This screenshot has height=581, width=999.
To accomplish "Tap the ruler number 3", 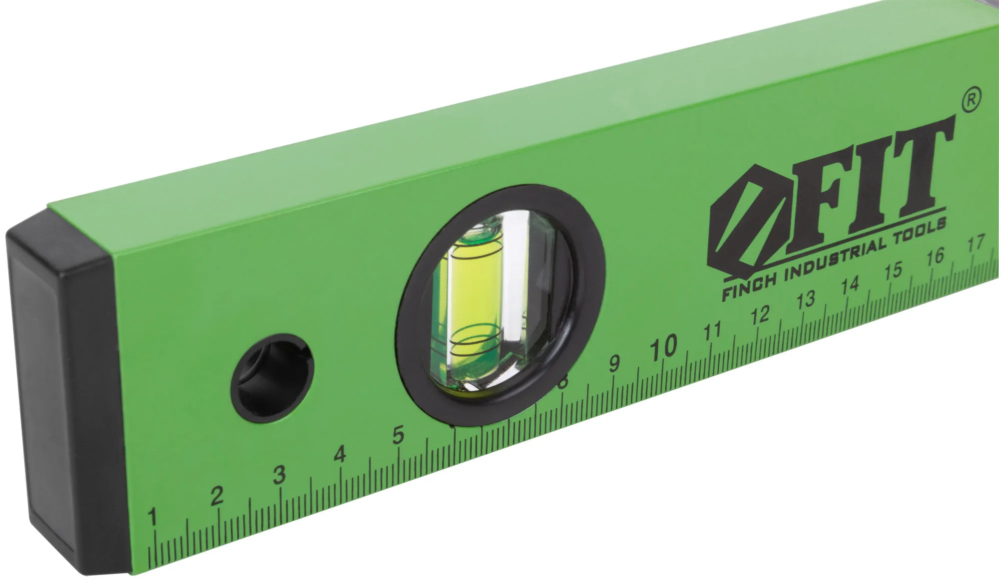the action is point(280,474).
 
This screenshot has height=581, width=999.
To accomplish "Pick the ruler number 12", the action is point(760,314).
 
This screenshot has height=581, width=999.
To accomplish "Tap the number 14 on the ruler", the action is point(850,285).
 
